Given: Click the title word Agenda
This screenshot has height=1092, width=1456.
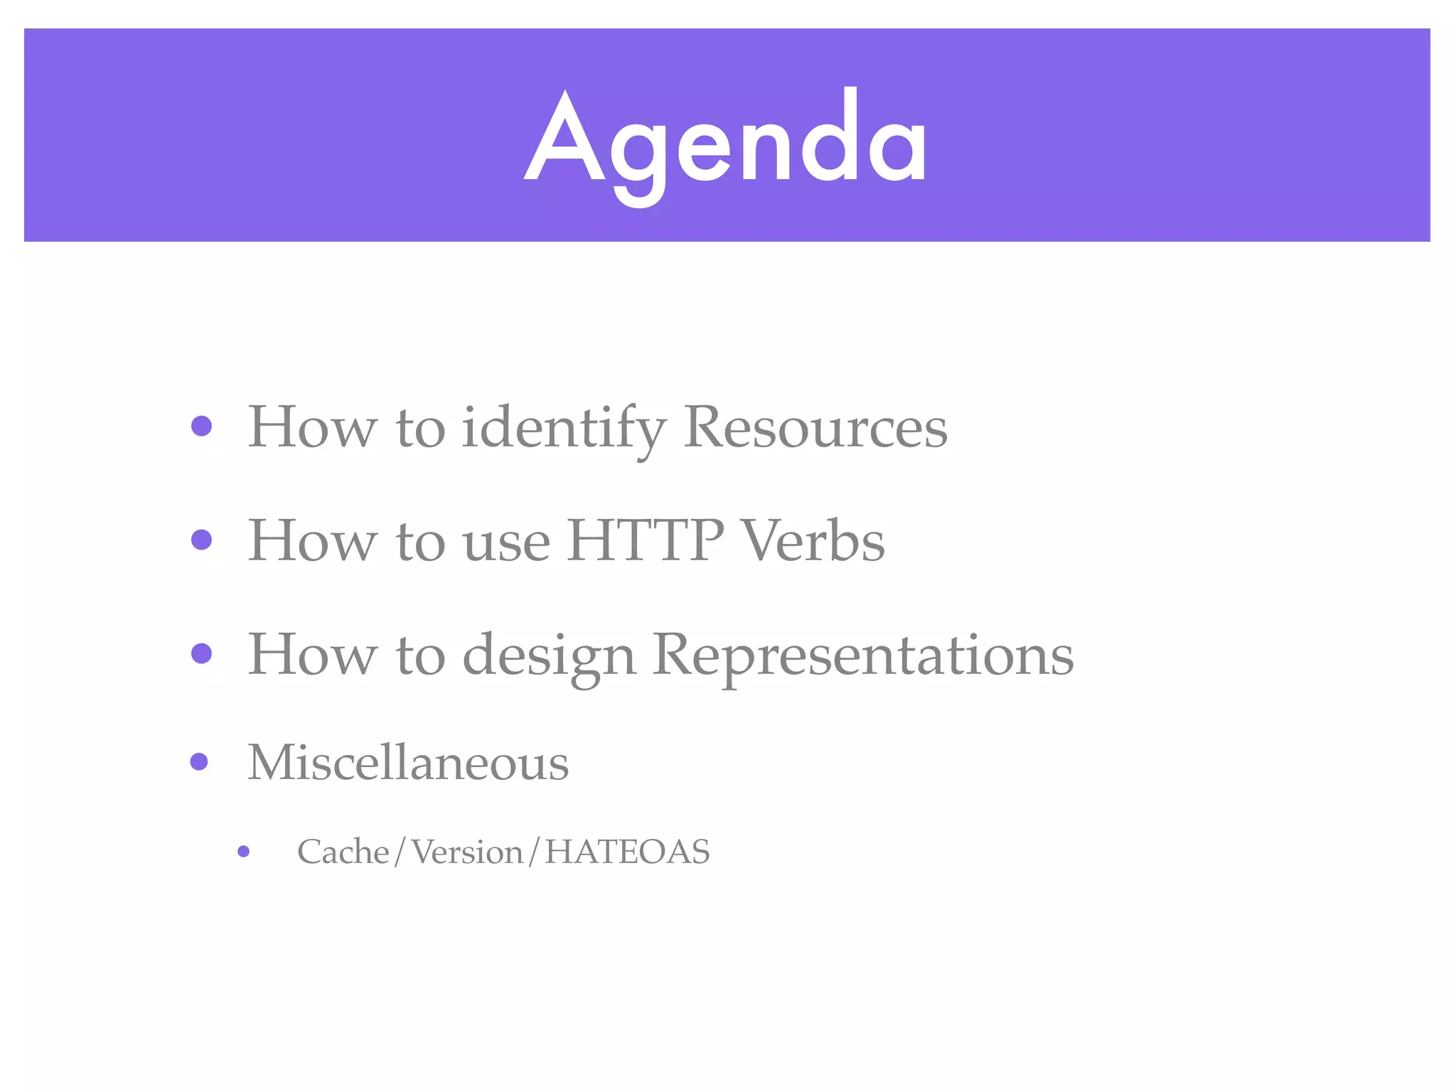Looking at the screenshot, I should pos(725,139).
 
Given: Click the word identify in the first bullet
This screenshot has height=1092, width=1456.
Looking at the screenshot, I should pos(563,429).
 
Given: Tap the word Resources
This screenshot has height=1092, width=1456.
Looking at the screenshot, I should pos(815,427).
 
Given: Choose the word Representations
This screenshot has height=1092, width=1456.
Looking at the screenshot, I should pos(863,655).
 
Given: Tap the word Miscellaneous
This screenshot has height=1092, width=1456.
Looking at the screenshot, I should pos(408,763).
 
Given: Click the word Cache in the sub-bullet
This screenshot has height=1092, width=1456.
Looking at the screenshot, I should pos(343,852).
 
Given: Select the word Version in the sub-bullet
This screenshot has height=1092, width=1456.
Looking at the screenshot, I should pos(467,852).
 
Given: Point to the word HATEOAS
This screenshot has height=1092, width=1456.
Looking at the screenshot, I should pos(627,852).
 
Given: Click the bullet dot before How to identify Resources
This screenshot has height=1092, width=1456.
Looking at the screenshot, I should pos(202,426).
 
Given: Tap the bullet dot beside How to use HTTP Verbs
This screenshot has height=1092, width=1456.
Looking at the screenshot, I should pos(202,540).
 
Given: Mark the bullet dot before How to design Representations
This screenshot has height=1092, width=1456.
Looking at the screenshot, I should pos(202,653).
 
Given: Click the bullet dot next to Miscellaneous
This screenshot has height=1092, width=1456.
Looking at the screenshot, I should pos(200,762).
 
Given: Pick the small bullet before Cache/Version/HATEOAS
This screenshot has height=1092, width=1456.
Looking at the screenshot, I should pos(244,851).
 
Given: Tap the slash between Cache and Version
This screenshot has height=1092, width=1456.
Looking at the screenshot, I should pos(400,852).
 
